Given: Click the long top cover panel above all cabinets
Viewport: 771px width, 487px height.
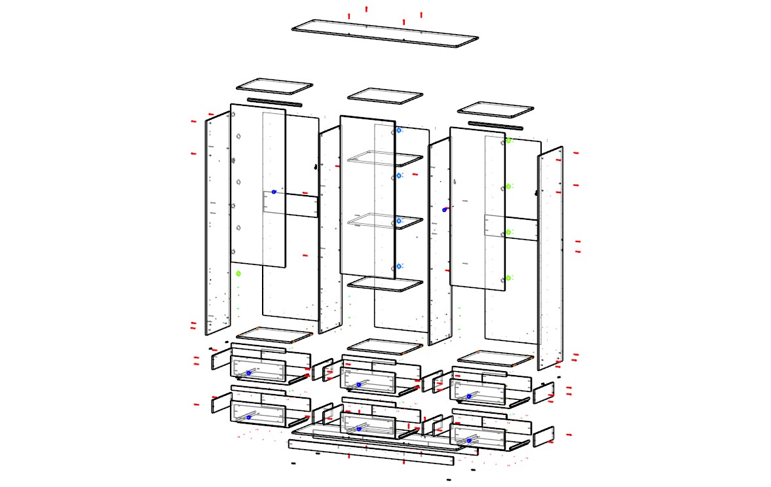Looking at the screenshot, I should coord(385,33).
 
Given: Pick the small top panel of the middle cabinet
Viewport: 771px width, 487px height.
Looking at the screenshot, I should coord(385,96).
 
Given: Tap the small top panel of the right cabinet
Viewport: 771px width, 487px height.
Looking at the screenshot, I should coord(496,109).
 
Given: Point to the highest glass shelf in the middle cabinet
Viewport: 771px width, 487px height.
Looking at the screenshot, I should coord(385,159).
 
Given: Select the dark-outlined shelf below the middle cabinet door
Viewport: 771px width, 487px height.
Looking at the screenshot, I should coord(385,284).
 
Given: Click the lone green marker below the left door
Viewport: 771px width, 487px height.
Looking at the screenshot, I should coord(238,274).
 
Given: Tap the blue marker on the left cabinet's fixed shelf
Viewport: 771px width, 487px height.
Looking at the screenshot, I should coord(274,192).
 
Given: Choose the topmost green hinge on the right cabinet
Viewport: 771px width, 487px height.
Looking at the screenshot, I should coord(508,140).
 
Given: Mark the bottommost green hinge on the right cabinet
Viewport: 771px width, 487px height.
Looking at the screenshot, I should coord(508,278).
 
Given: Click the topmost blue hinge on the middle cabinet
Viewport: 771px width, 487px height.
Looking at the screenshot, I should coord(399,131).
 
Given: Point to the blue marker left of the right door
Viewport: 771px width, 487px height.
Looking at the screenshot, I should coord(445,210).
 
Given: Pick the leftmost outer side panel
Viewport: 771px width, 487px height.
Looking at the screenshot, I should coord(218,223).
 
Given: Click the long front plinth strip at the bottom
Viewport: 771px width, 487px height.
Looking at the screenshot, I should coord(371,452).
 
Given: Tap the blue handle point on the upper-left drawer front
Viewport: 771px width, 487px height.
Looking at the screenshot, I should coord(248,372).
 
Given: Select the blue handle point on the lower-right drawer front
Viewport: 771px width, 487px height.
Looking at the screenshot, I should coord(469,441).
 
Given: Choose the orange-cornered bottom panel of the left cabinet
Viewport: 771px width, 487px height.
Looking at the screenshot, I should coord(274,335).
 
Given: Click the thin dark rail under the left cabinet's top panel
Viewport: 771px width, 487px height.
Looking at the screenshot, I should coord(274,102).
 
